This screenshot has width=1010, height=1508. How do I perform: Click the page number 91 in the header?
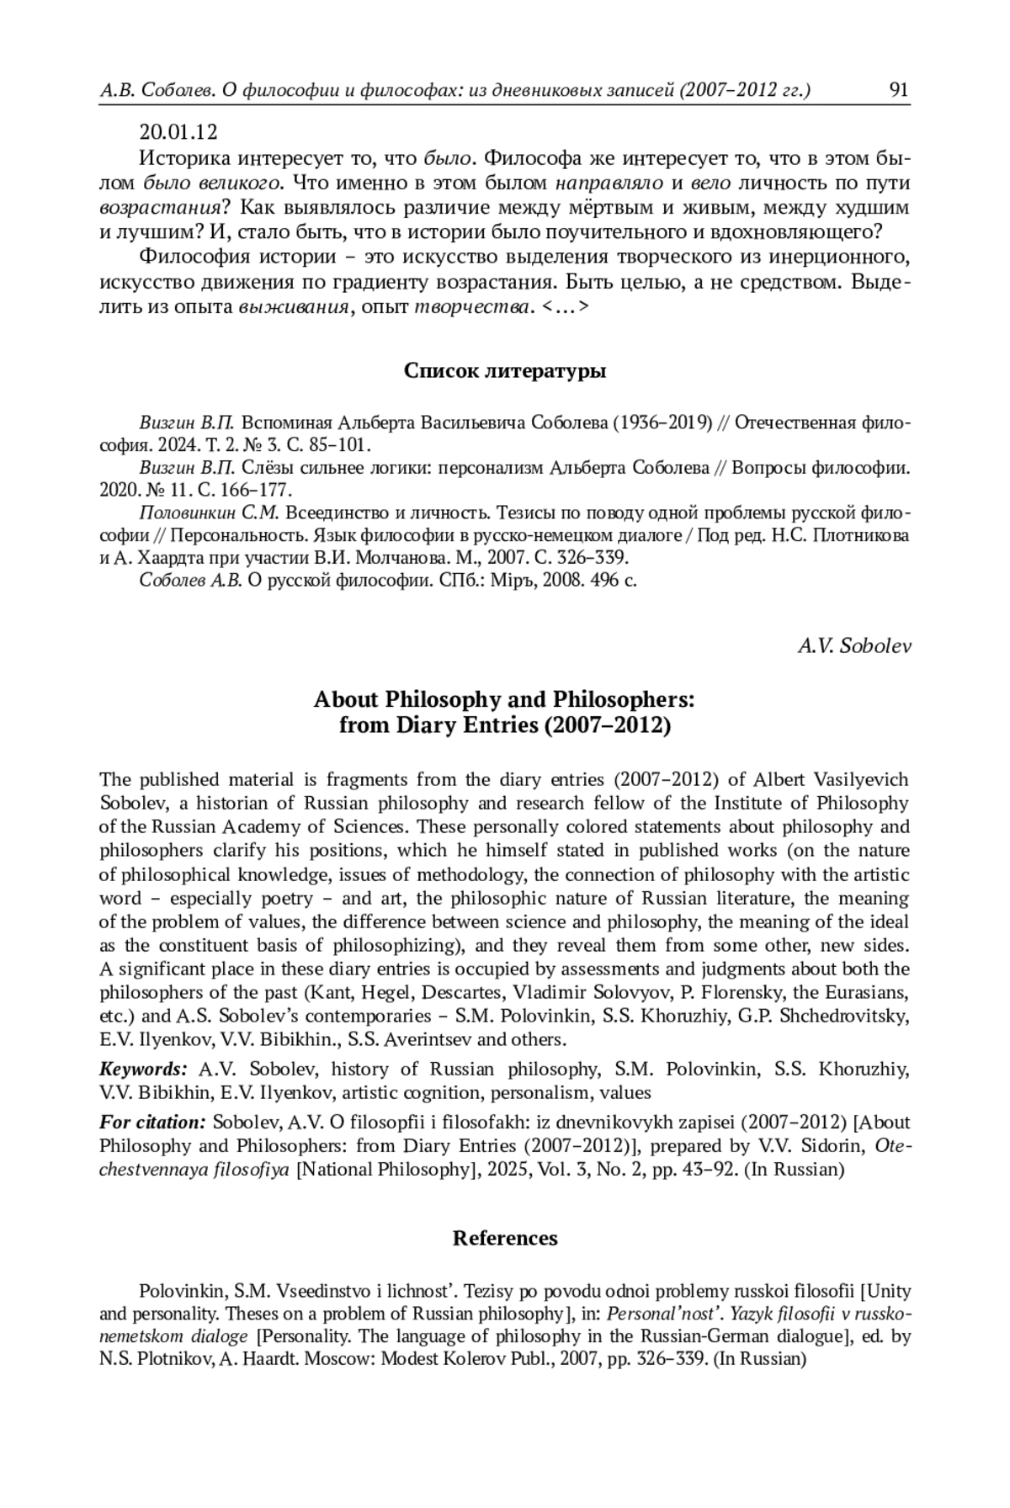(x=899, y=90)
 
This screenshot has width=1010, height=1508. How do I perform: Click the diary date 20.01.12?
(x=178, y=132)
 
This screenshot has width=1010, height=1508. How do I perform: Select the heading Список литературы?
(x=505, y=370)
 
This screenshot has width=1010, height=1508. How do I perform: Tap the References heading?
(x=505, y=1238)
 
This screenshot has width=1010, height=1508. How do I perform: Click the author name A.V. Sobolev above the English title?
(x=853, y=645)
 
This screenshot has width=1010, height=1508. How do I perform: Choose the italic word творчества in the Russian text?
(x=474, y=308)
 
